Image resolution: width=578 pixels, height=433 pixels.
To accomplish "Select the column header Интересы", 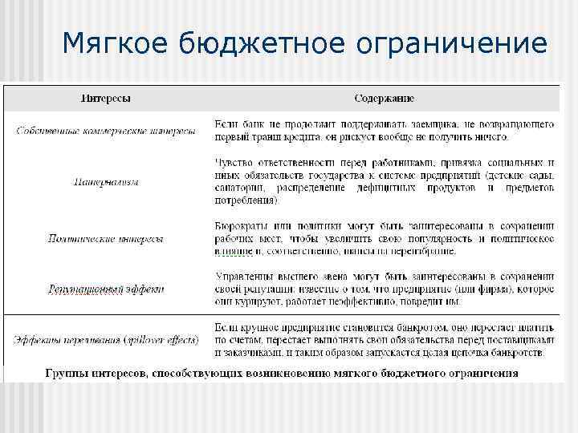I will pyautogui.click(x=105, y=99).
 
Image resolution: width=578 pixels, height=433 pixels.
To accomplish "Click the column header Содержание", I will pyautogui.click(x=385, y=99).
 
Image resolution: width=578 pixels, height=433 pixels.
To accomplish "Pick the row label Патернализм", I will pyautogui.click(x=105, y=181).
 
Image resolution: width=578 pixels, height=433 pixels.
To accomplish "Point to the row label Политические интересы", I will pyautogui.click(x=105, y=238).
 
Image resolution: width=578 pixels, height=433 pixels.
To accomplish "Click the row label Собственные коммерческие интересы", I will pyautogui.click(x=105, y=132).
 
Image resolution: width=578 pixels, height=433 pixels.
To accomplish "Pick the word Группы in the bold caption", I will pyautogui.click(x=67, y=373).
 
